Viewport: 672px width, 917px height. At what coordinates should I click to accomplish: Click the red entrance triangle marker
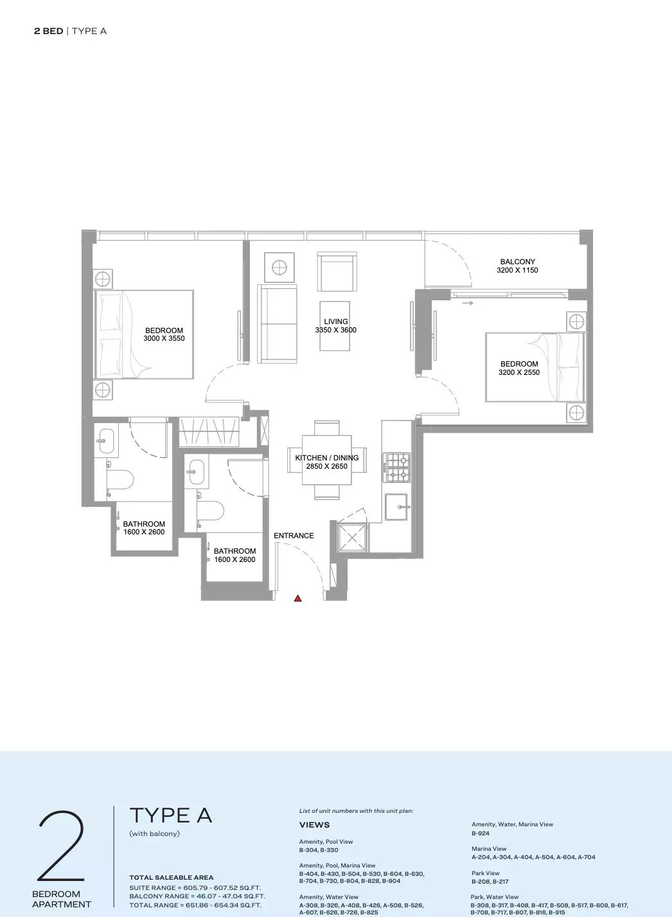tap(297, 599)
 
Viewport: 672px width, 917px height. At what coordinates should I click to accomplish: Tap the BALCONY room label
tap(517, 262)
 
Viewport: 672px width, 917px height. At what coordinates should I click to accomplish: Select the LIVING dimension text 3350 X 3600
tap(336, 330)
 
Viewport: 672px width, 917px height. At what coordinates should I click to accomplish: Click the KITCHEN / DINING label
tap(327, 458)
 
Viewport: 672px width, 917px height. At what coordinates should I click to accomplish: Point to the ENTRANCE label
tap(294, 536)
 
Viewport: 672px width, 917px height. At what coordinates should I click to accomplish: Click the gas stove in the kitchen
tap(396, 468)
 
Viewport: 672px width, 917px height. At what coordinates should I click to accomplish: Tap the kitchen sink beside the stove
tap(396, 507)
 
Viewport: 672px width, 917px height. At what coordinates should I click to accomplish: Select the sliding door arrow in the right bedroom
tap(468, 304)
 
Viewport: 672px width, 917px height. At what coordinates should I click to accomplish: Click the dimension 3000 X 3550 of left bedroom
tap(164, 338)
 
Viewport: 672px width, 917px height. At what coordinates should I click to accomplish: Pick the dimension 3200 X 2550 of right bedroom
tap(519, 372)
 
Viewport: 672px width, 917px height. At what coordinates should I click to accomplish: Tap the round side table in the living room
tap(279, 268)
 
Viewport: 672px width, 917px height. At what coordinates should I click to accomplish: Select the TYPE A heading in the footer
tap(170, 815)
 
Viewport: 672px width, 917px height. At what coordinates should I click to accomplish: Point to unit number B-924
tap(480, 833)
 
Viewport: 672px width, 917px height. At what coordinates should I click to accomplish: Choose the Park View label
tap(486, 873)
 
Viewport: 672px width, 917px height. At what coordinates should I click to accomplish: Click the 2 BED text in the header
tap(48, 31)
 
